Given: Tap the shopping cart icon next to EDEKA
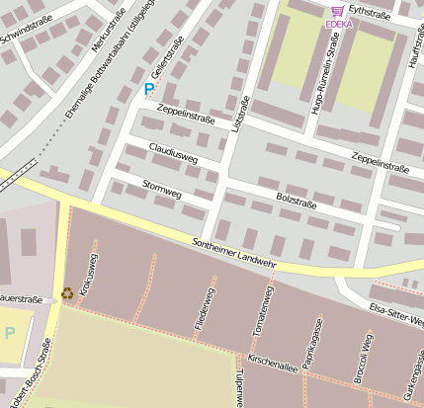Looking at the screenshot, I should click(338, 11).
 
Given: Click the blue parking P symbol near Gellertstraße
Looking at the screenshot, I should click(149, 89).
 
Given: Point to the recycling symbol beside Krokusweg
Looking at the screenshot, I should click(67, 292).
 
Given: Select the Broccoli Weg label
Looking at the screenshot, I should click(363, 358).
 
